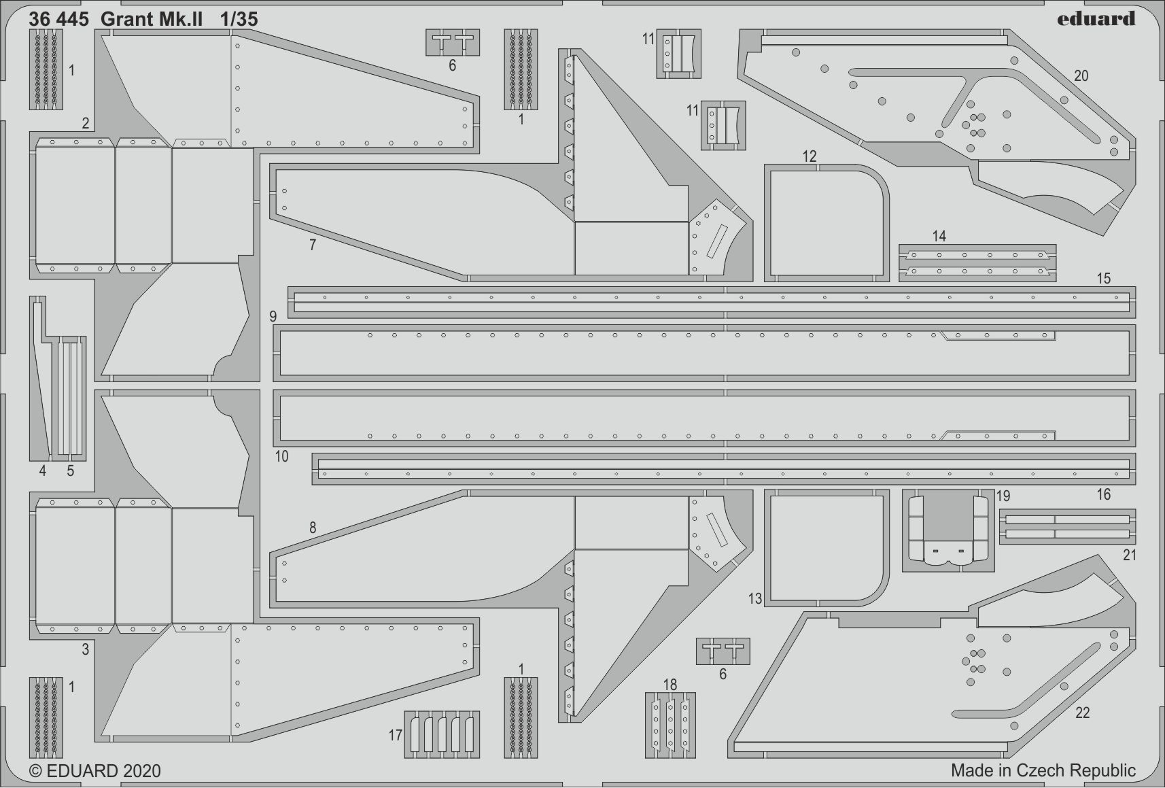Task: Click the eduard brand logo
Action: pos(1095,19)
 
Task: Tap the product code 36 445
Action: pos(58,19)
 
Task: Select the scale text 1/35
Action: pos(239,19)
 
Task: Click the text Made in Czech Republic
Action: pos(1043,770)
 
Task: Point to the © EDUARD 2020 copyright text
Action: pos(94,771)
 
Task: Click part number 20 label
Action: pos(1081,76)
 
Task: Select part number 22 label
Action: pos(1082,713)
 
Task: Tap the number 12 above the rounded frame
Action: pos(810,156)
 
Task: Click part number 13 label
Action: pos(755,599)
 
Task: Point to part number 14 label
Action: pos(939,236)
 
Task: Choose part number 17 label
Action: pos(396,735)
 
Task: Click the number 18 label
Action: pos(670,685)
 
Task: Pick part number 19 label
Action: pos(1003,496)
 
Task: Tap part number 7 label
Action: pos(312,245)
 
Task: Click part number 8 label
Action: pos(312,528)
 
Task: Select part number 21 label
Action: pos(1129,555)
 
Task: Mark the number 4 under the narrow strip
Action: pos(43,470)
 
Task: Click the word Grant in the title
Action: pos(125,19)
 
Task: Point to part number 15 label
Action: pos(1103,278)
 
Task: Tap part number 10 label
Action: pos(281,456)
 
